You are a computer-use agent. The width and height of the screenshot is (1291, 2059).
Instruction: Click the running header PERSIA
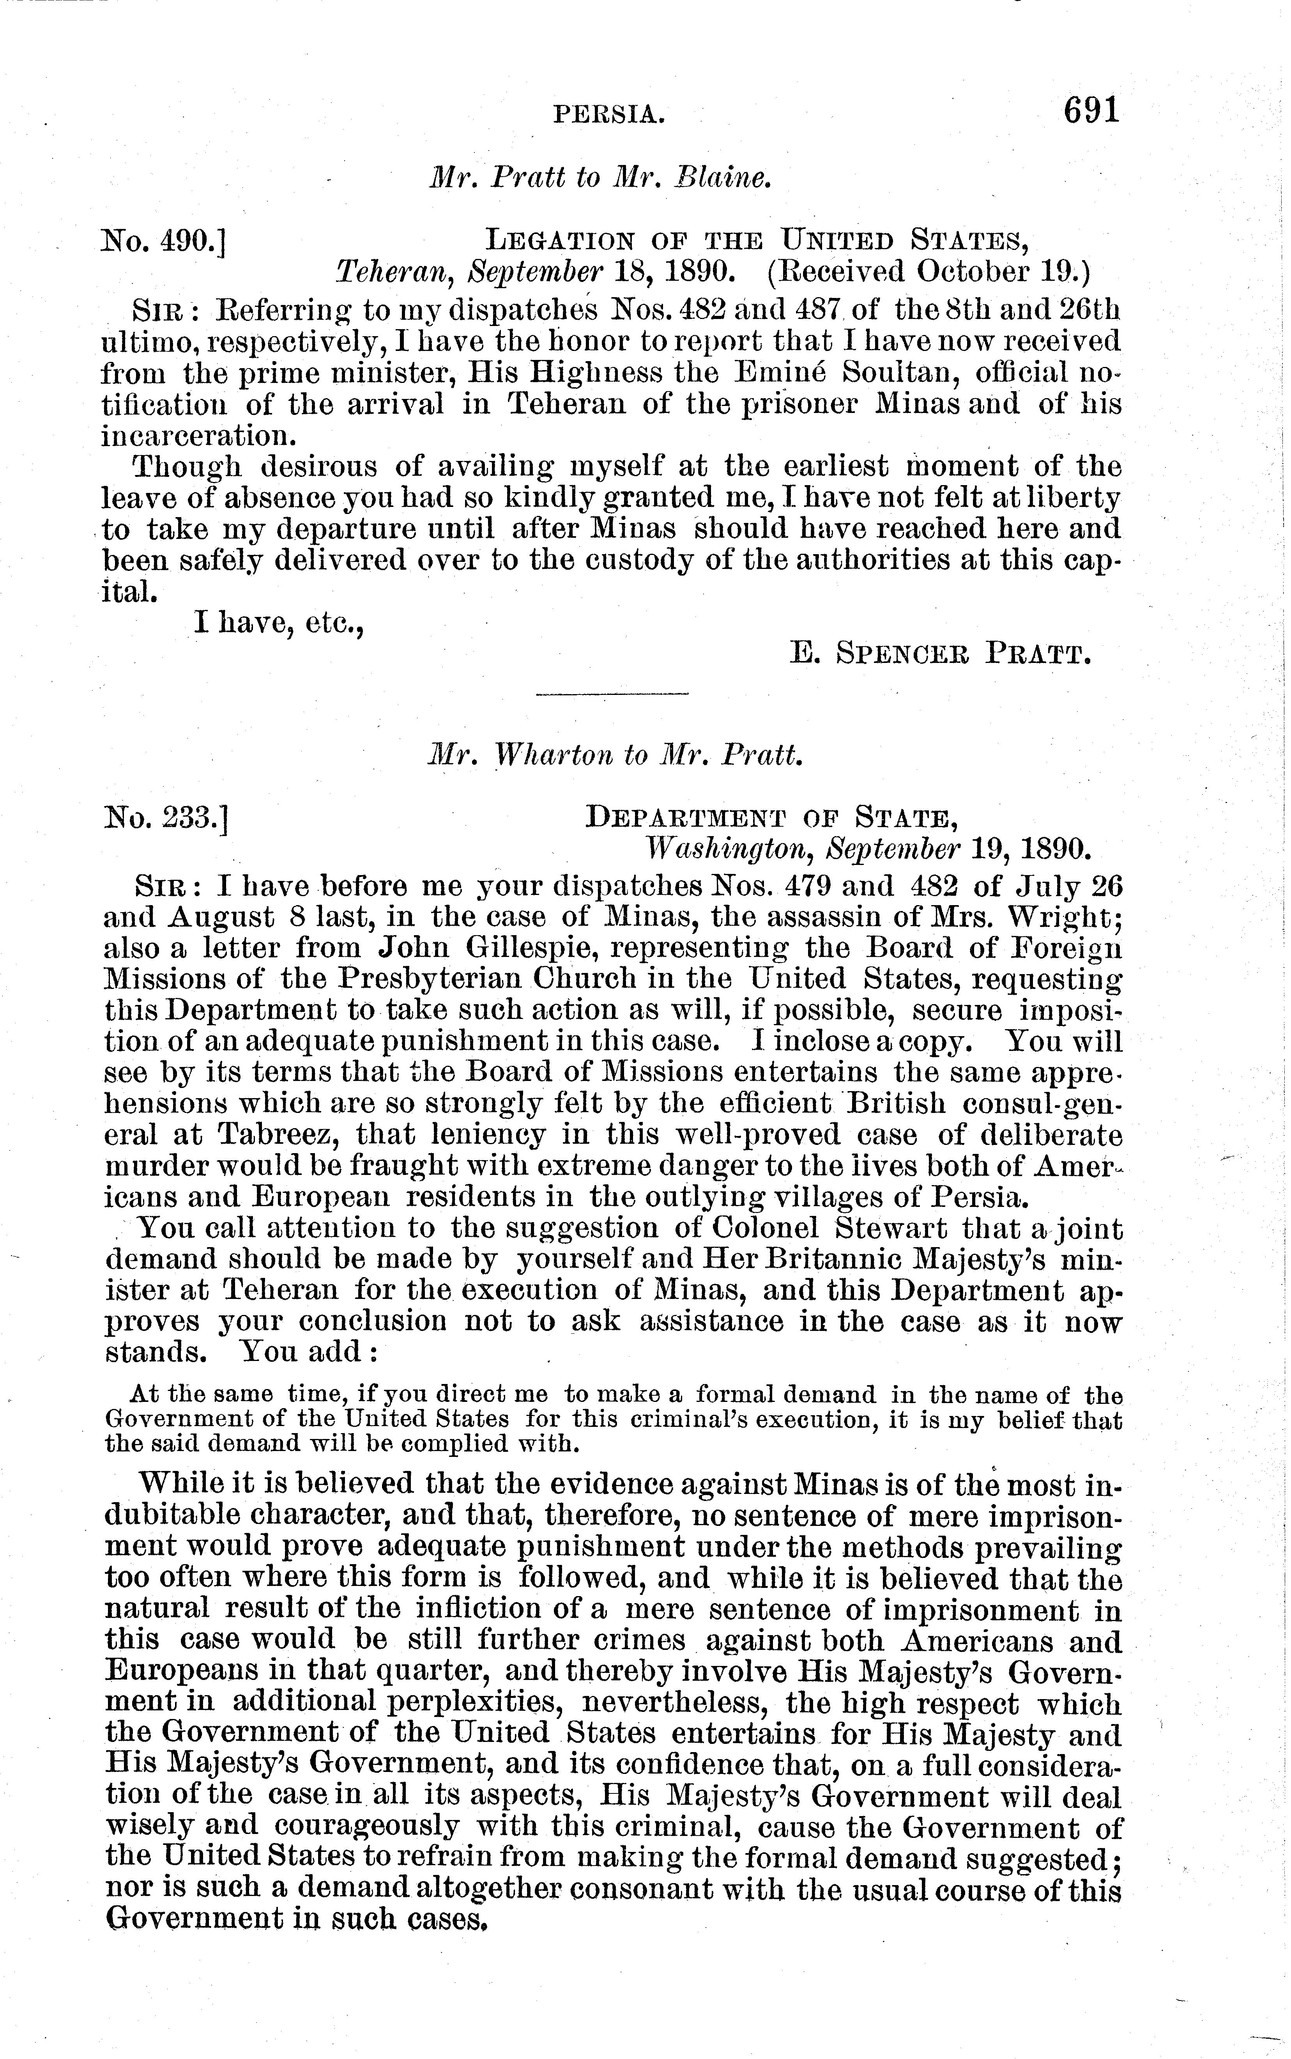(609, 113)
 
